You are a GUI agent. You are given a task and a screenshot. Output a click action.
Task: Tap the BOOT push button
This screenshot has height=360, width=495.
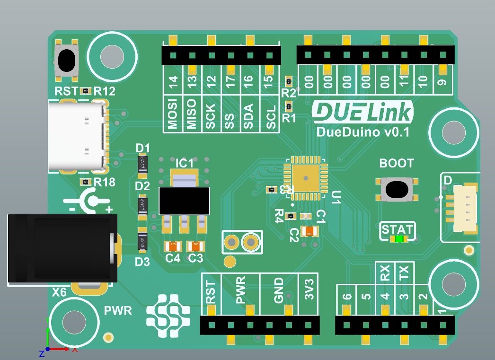pos(397,190)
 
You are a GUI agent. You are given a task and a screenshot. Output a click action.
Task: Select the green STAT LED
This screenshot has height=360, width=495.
pos(399,239)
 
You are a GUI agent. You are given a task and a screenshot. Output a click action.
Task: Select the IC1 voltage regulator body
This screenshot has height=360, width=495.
pos(184,200)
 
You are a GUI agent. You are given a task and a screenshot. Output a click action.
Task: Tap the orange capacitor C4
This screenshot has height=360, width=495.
pos(173,246)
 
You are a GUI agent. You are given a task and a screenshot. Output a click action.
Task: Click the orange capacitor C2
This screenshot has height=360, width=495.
pos(310,231)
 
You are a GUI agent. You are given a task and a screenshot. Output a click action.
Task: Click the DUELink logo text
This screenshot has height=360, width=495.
pos(362,112)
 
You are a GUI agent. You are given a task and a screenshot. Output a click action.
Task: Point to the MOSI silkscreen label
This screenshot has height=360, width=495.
pos(173,114)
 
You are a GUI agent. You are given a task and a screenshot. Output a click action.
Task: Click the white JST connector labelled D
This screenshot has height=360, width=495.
pos(464,208)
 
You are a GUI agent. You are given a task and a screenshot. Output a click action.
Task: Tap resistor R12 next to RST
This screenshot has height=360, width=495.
pos(86,90)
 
